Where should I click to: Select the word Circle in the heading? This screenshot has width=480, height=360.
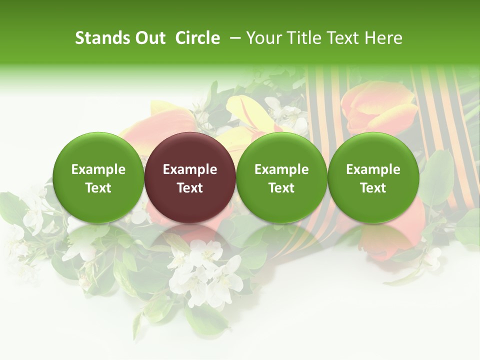point(197,38)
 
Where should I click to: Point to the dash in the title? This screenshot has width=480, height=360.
point(233,38)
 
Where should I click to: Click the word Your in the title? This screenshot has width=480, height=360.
point(262,38)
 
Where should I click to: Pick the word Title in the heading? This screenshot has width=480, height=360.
point(299,38)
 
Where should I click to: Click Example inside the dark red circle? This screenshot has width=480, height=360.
point(189,169)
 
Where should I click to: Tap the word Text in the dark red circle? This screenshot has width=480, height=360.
point(189,188)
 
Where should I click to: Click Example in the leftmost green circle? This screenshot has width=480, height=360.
point(98,169)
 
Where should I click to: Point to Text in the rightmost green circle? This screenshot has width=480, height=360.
point(373,188)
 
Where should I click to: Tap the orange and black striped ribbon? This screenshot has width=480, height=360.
point(325,100)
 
